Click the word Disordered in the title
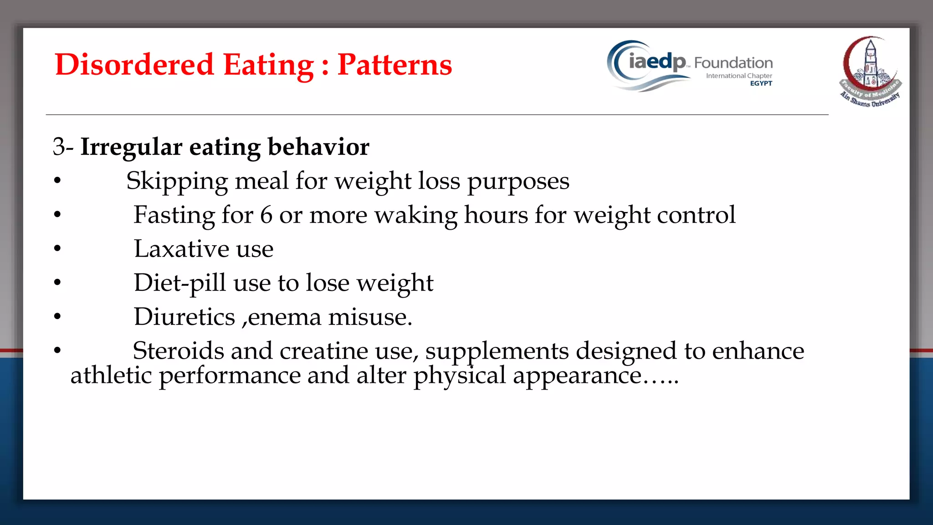[x=134, y=65]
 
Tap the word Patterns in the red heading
[x=395, y=65]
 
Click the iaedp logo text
[x=656, y=62]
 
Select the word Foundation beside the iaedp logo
[x=733, y=63]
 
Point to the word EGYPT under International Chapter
[x=761, y=83]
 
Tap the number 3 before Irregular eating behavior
[x=59, y=147]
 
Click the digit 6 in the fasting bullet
[x=266, y=215]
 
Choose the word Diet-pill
[x=179, y=283]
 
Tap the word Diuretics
[x=184, y=317]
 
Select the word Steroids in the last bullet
[x=178, y=351]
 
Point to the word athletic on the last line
[x=111, y=376]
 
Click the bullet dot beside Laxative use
[x=57, y=249]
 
